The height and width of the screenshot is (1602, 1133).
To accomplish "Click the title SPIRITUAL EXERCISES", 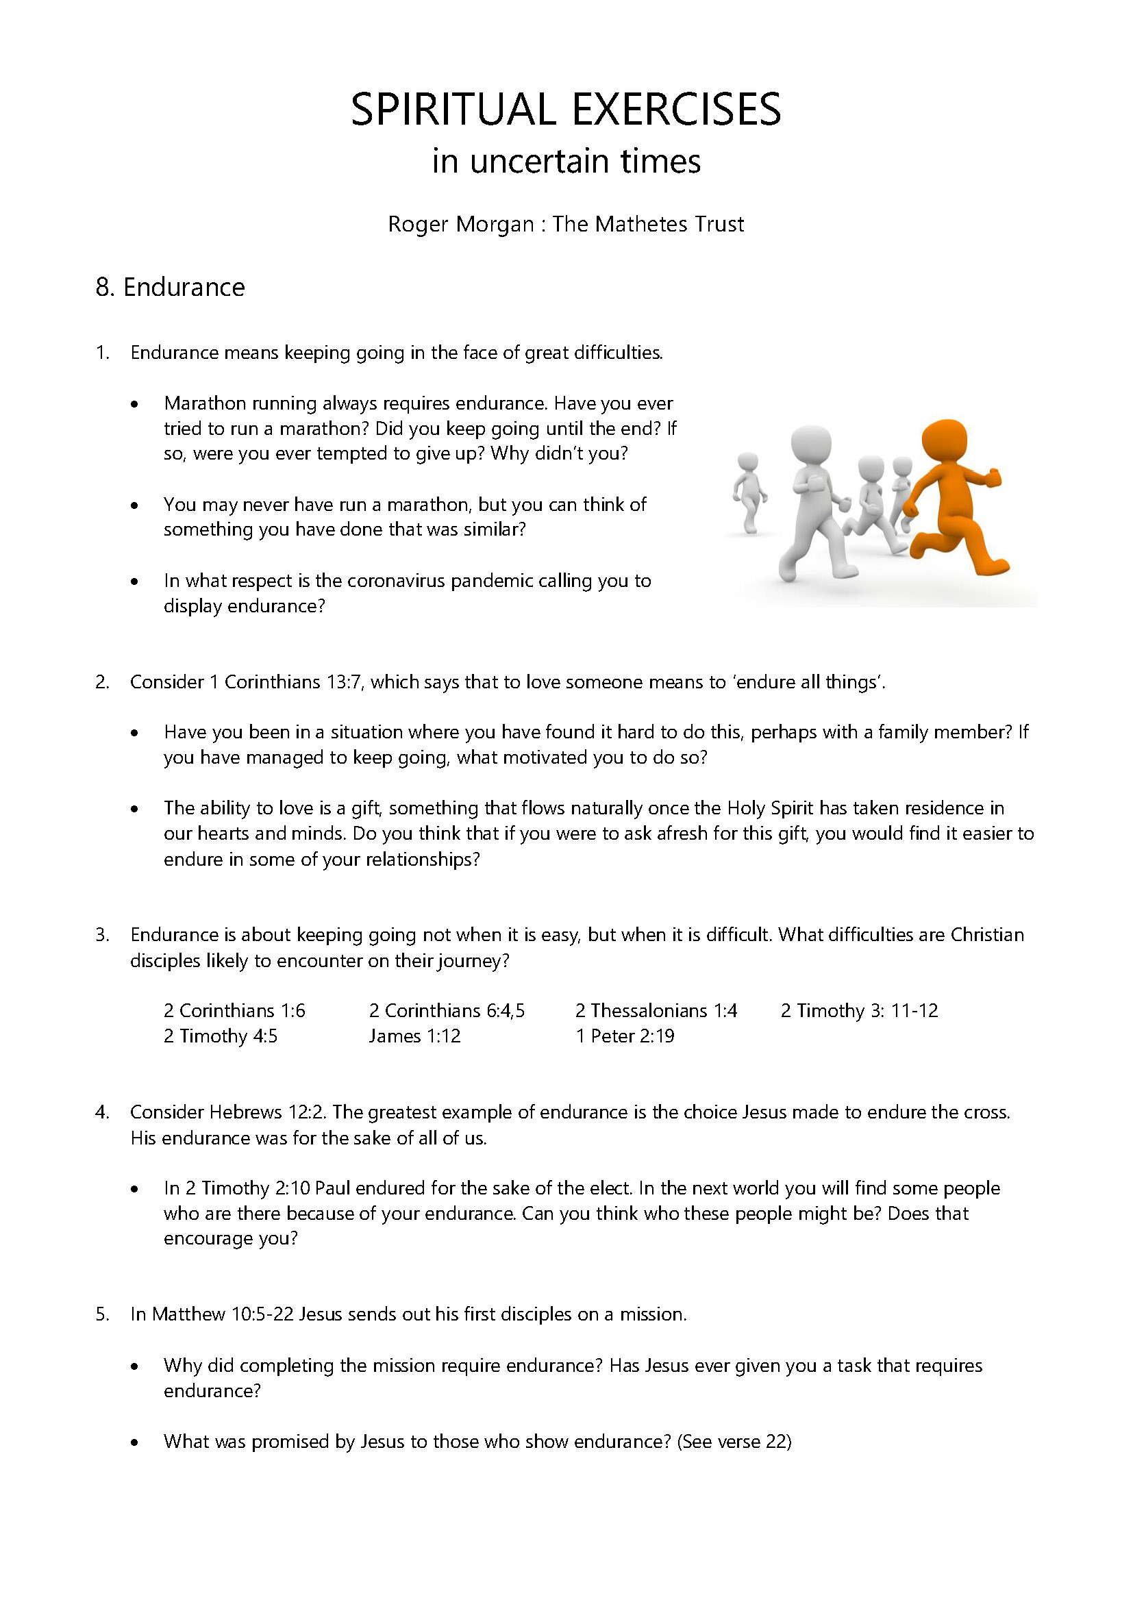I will click(x=566, y=110).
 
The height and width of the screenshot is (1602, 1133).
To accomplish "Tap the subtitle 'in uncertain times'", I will click(x=566, y=161).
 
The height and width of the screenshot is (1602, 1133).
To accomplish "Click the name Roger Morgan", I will click(x=460, y=224).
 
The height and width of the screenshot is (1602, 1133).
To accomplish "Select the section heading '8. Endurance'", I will click(x=171, y=287).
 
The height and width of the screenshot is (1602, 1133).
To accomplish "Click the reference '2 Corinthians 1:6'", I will click(x=234, y=1010).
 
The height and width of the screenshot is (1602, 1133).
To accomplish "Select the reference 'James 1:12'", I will click(x=415, y=1036).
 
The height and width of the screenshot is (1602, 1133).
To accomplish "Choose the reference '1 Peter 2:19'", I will click(x=625, y=1036).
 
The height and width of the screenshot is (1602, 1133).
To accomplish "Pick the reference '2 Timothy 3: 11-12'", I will click(x=859, y=1010).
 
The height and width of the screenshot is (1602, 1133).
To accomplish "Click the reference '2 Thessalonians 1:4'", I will click(x=656, y=1010).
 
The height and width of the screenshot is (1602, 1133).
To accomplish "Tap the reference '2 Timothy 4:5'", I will click(x=221, y=1036).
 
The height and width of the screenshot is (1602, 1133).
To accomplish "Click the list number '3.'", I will click(x=102, y=935).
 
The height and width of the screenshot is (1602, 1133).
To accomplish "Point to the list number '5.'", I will click(x=102, y=1314).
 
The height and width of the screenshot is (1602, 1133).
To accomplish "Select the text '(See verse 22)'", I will click(x=734, y=1442).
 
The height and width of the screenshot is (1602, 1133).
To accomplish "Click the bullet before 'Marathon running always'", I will click(x=135, y=404).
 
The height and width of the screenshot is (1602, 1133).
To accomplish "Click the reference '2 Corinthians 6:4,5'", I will click(x=447, y=1010).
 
